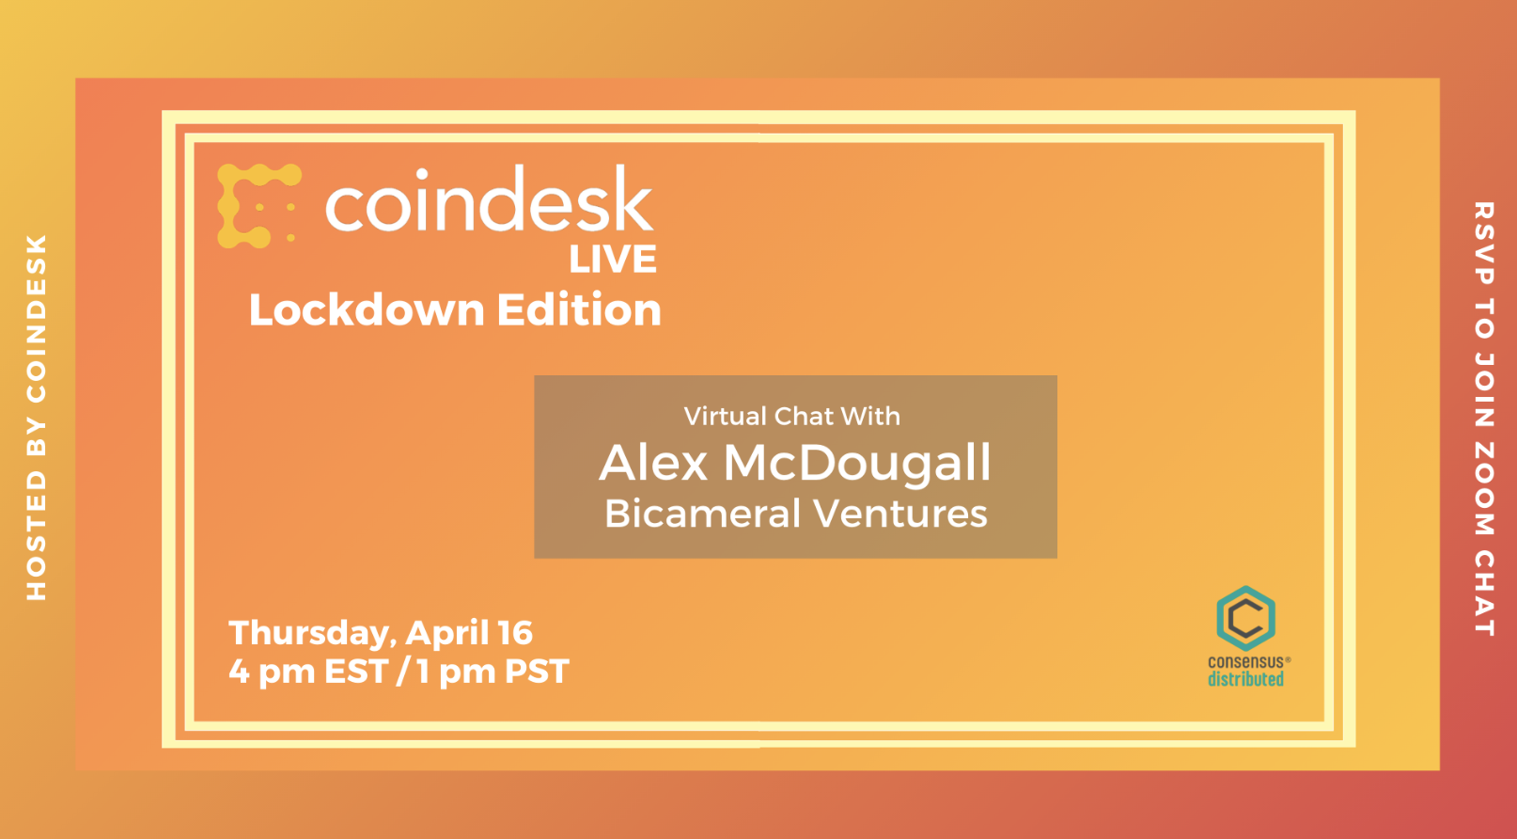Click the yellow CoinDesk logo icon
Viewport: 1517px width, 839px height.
[258, 205]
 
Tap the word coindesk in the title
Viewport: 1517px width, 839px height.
[490, 199]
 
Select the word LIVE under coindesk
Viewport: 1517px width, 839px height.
[613, 259]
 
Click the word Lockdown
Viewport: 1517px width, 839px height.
[368, 310]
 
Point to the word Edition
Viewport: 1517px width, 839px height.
[579, 309]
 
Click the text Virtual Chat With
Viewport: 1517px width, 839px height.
[792, 416]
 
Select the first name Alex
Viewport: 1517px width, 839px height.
[653, 463]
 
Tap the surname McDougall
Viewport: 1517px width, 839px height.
[857, 465]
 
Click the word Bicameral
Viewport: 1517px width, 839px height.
[703, 513]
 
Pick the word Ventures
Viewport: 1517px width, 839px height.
[900, 514]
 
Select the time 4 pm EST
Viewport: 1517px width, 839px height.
[308, 672]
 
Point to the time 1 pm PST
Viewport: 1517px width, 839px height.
[493, 672]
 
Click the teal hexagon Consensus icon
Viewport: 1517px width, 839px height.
[1246, 618]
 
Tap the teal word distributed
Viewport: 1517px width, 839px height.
[1246, 679]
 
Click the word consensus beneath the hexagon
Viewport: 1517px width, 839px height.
[1246, 661]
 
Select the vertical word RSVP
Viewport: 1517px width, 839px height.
[1484, 244]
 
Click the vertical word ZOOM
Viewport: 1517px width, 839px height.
[1484, 488]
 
